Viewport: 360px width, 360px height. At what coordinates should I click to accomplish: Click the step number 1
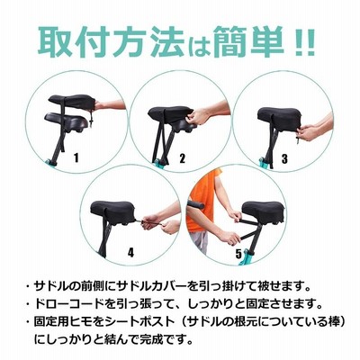click(76, 157)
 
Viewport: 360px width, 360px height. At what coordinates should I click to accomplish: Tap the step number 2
click(183, 157)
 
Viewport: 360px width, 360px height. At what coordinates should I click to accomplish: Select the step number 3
click(284, 157)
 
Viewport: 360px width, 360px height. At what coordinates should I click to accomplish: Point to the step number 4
click(130, 252)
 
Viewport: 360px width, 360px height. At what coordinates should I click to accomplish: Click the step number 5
click(238, 255)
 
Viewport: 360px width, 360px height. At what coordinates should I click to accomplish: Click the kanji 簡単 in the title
click(248, 41)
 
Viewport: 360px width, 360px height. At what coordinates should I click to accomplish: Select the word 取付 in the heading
click(75, 41)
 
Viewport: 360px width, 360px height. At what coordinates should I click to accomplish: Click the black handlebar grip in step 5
click(195, 204)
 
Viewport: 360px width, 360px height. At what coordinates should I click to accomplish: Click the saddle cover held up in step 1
click(72, 103)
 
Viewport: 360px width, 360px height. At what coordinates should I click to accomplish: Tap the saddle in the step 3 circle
click(280, 118)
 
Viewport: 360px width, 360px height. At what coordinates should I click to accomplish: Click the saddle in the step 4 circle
click(113, 211)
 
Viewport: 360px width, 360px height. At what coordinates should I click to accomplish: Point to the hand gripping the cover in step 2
click(197, 116)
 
